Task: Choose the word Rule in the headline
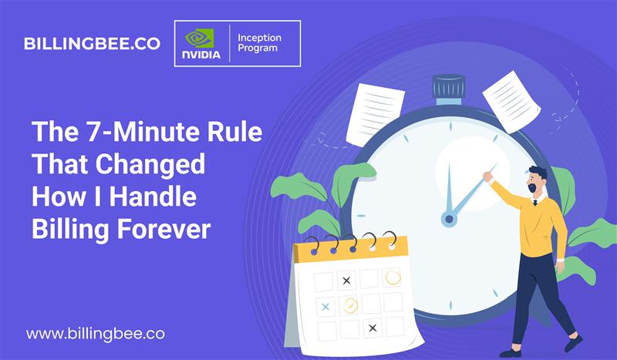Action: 237,133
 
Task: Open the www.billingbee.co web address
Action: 96,335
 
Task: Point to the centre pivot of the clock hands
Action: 449,220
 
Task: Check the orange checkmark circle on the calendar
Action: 350,304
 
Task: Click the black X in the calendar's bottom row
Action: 373,328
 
